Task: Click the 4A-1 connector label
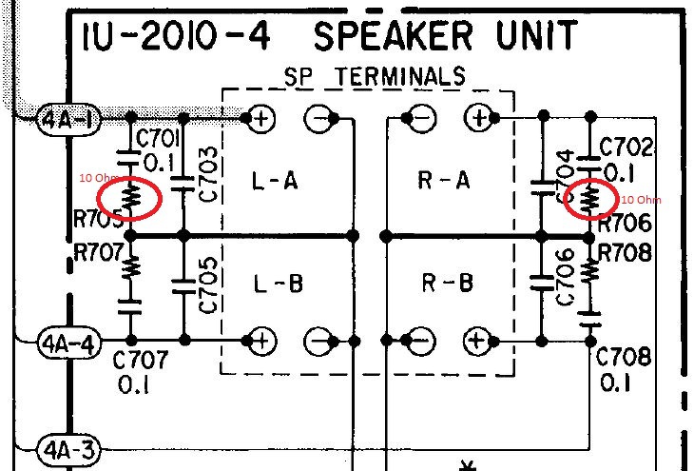64,120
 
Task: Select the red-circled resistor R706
590,199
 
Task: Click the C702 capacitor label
627,147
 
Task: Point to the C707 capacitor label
140,361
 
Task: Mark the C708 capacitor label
624,358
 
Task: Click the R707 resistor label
99,254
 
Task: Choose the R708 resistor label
625,253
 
